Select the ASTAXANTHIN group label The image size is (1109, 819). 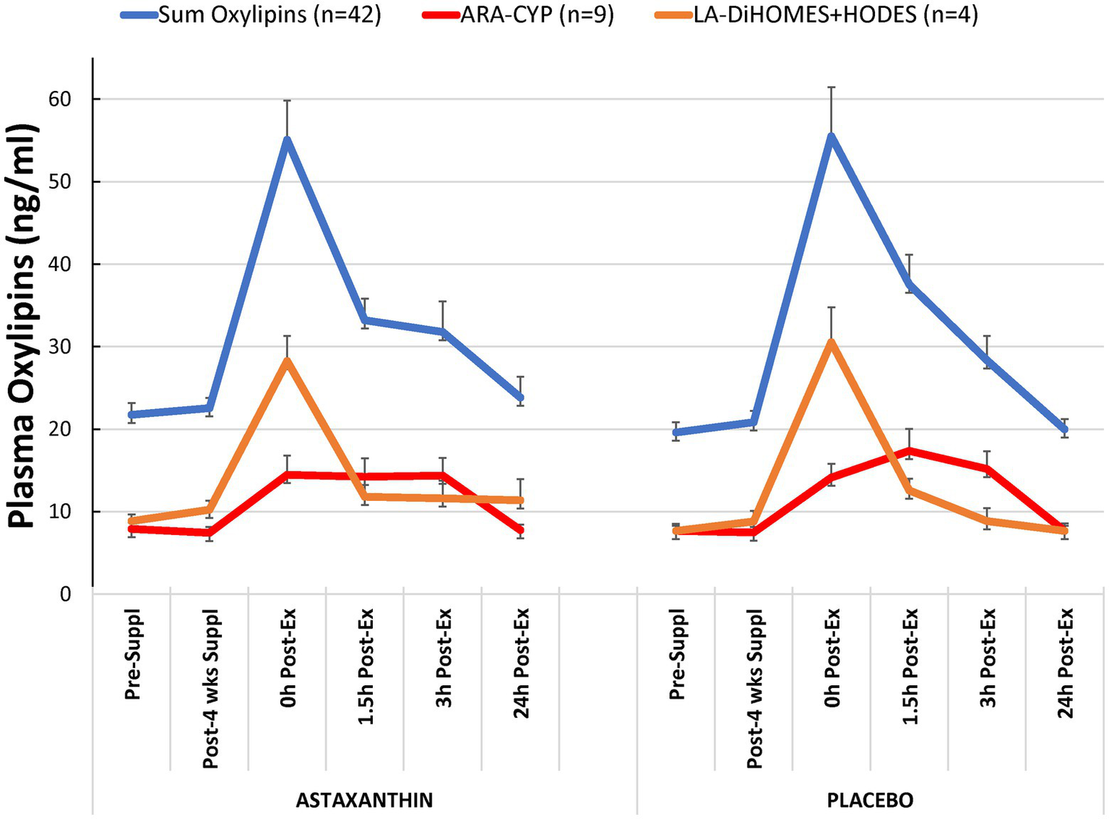364,800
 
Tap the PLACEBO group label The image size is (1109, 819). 870,800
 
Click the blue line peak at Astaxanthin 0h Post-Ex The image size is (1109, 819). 287,140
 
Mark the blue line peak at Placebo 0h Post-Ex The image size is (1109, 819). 831,137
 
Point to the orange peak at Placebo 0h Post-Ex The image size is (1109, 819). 831,342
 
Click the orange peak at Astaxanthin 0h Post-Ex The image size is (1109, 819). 287,361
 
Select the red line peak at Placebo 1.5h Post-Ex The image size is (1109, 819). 909,450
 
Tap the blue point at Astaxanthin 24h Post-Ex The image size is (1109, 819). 520,398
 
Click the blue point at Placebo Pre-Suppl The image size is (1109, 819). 676,432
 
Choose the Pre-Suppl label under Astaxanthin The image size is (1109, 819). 132,655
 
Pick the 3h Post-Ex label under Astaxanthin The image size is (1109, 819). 443,658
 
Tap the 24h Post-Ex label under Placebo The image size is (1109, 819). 1066,664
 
